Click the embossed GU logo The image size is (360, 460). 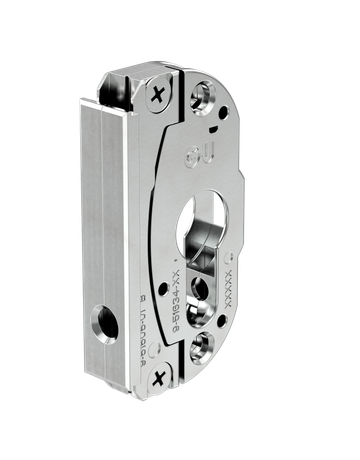(194, 154)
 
